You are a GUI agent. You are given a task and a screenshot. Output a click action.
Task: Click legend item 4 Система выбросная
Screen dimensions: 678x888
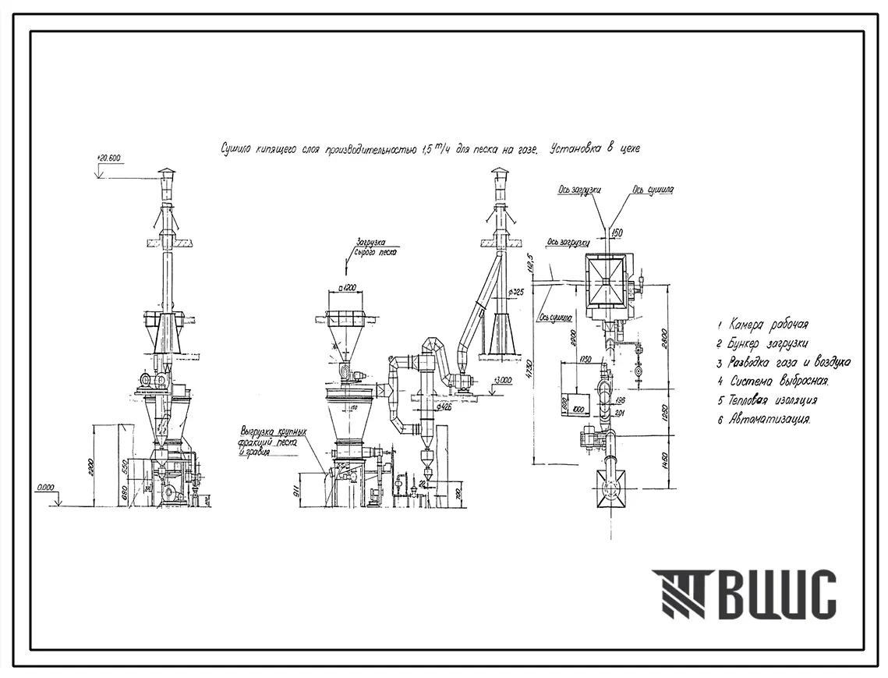[x=774, y=382]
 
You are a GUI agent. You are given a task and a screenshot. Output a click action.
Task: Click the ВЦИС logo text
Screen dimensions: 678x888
[x=776, y=595]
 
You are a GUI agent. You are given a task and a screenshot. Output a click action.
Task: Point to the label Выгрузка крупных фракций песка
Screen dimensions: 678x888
[x=273, y=441]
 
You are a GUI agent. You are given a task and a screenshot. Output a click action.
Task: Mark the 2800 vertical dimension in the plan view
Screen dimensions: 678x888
[x=665, y=337]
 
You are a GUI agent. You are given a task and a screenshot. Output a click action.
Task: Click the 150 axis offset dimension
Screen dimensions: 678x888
[x=617, y=232]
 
